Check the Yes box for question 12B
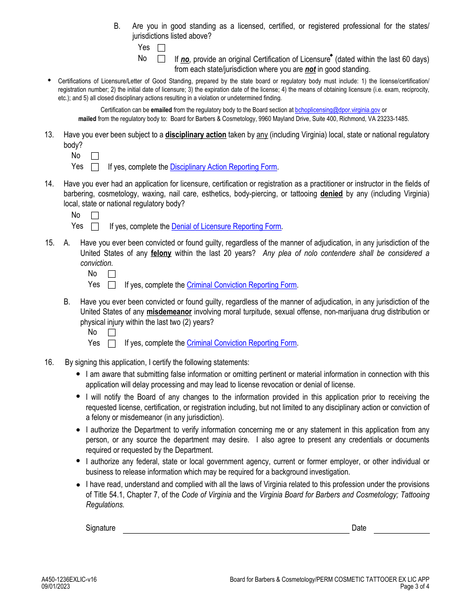tap(161, 48)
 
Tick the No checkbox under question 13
tap(95, 156)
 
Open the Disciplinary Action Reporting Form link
tap(223, 167)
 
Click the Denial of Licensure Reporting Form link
tap(226, 227)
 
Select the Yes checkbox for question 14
tap(95, 227)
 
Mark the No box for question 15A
tap(112, 274)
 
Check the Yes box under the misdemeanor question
tap(112, 343)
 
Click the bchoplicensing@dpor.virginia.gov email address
tap(337, 110)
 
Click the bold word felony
tap(161, 253)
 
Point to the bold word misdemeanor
tap(169, 312)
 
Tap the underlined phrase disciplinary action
tap(195, 135)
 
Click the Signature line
tap(235, 529)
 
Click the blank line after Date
tap(401, 529)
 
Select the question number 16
tap(49, 363)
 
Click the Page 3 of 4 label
tap(414, 586)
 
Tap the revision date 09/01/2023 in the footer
tap(56, 586)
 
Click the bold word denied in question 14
tap(331, 194)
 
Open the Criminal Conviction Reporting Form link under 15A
tap(241, 285)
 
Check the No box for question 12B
tap(161, 59)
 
